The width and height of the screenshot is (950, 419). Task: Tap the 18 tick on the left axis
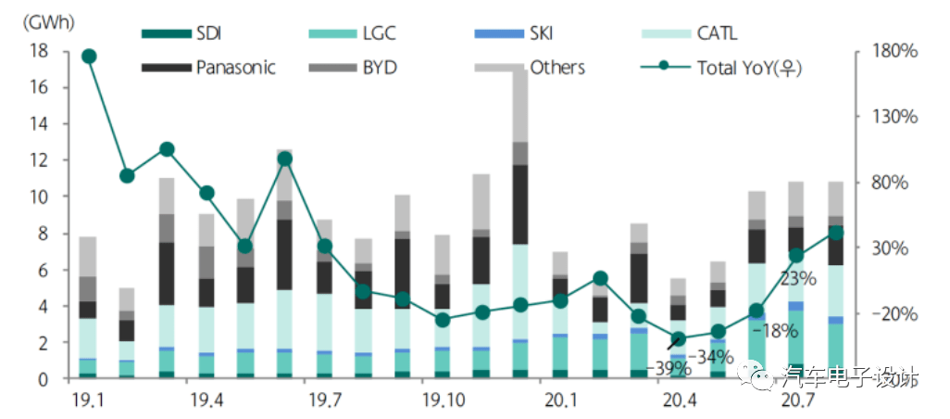coord(39,51)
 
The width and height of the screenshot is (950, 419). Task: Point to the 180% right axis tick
coord(894,51)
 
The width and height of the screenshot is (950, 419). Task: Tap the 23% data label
coord(797,276)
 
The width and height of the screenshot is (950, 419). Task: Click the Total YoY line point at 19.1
coord(89,57)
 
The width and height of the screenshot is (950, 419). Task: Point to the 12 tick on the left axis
coord(39,160)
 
